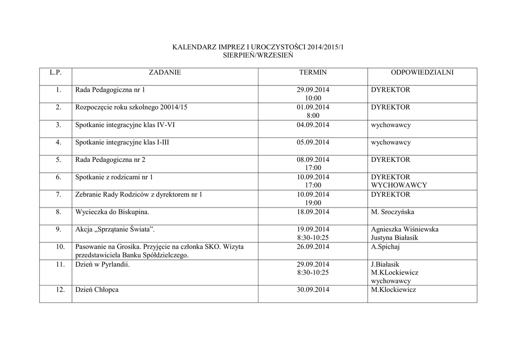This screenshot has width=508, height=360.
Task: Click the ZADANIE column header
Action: [165, 72]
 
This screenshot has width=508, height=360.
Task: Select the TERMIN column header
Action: [313, 72]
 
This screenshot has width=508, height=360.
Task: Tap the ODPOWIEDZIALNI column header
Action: [422, 72]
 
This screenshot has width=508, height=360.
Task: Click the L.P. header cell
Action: [56, 72]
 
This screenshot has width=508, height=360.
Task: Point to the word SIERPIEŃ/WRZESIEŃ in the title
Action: [258, 56]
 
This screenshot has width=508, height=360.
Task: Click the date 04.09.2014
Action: [313, 125]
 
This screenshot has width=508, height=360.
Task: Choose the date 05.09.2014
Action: [313, 143]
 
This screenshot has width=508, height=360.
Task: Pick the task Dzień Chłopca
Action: [97, 289]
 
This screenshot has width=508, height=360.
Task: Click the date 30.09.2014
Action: [313, 289]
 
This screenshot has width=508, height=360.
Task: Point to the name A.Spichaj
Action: [385, 247]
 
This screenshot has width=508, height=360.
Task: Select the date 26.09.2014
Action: [313, 247]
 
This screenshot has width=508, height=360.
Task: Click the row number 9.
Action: [58, 229]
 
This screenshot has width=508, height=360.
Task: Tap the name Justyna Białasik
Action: [394, 238]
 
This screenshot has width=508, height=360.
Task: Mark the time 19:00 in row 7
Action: [313, 203]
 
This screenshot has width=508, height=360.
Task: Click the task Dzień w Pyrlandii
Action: [102, 265]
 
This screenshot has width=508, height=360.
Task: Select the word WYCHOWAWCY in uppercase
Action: [399, 185]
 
